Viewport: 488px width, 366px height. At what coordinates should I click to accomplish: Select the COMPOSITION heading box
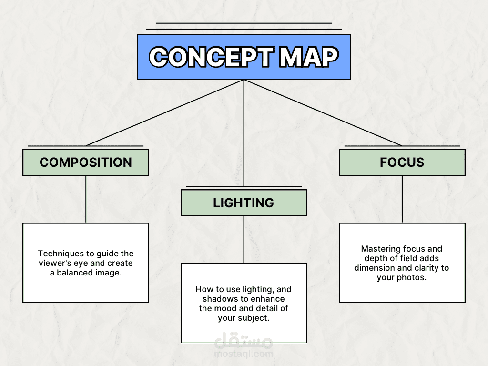(x=86, y=163)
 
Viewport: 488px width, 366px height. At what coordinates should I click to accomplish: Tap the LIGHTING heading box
(x=244, y=203)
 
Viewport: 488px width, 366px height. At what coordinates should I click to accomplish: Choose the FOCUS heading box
(x=402, y=163)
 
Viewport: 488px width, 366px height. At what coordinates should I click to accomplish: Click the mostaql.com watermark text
(x=244, y=354)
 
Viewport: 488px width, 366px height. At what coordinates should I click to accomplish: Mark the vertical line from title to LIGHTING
(x=244, y=133)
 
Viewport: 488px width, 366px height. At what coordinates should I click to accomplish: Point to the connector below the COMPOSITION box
(x=86, y=199)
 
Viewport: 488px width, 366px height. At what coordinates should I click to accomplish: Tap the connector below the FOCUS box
(x=402, y=199)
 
